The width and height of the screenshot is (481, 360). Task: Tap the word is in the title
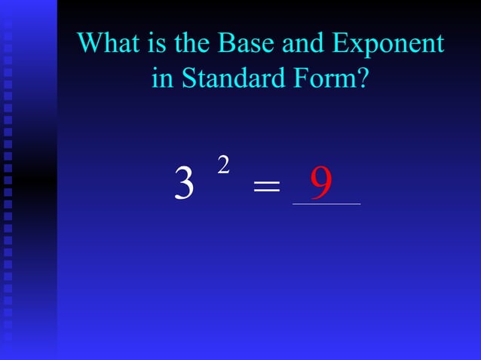pyautogui.click(x=157, y=43)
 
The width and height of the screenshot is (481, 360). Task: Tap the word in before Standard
pyautogui.click(x=162, y=78)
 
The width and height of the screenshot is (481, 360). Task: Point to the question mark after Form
pyautogui.click(x=363, y=78)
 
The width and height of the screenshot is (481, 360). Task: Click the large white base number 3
pyautogui.click(x=184, y=184)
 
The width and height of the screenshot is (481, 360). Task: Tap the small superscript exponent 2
pyautogui.click(x=223, y=166)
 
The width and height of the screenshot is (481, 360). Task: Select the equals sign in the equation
pyautogui.click(x=266, y=187)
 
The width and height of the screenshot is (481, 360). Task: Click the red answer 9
pyautogui.click(x=322, y=182)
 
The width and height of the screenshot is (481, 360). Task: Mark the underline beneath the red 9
pyautogui.click(x=326, y=203)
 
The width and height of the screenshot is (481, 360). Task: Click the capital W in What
pyautogui.click(x=91, y=43)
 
